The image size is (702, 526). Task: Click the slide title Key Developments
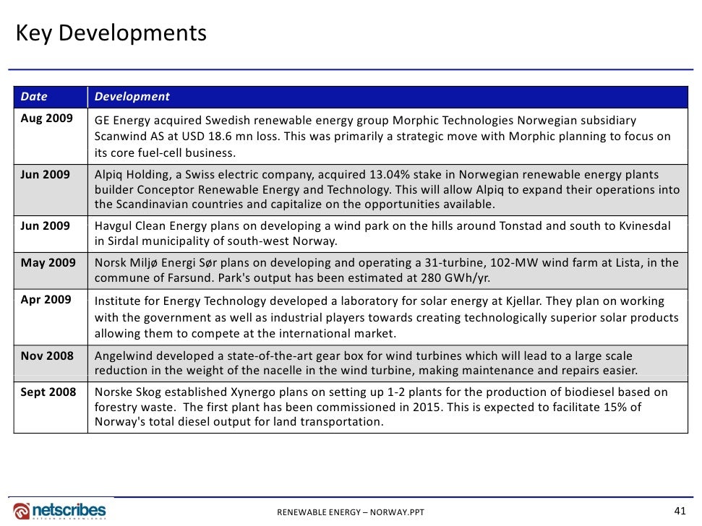pyautogui.click(x=111, y=33)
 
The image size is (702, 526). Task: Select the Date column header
pyautogui.click(x=34, y=96)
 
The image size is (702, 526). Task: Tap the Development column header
pyautogui.click(x=132, y=96)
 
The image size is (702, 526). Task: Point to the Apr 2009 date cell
pyautogui.click(x=46, y=299)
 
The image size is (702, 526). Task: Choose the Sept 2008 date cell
pyautogui.click(x=49, y=392)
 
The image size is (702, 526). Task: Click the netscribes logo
pyautogui.click(x=59, y=510)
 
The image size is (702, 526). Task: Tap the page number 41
pyautogui.click(x=679, y=511)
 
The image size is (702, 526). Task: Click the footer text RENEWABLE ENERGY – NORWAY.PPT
pyautogui.click(x=351, y=513)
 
